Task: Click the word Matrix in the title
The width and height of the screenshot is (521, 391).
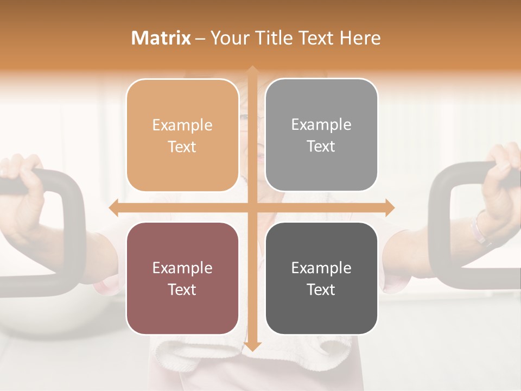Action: pyautogui.click(x=161, y=38)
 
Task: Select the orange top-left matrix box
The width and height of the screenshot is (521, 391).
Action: pyautogui.click(x=182, y=135)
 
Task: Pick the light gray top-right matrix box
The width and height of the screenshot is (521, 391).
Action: pyautogui.click(x=321, y=135)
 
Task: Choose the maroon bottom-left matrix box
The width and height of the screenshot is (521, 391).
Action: pyautogui.click(x=182, y=279)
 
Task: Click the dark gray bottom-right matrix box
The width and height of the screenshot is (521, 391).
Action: pyautogui.click(x=321, y=279)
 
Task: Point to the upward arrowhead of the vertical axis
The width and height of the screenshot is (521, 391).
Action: pyautogui.click(x=252, y=71)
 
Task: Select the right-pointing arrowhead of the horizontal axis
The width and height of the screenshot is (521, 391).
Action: pyautogui.click(x=390, y=207)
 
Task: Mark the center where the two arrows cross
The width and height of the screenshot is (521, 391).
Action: pyautogui.click(x=252, y=207)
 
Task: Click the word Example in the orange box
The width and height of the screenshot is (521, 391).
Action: pyautogui.click(x=182, y=125)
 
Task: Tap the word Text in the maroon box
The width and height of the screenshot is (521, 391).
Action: pyautogui.click(x=182, y=289)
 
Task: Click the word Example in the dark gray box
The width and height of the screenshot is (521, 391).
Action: pyautogui.click(x=321, y=268)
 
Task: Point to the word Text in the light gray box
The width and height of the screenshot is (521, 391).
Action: pyautogui.click(x=321, y=146)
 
